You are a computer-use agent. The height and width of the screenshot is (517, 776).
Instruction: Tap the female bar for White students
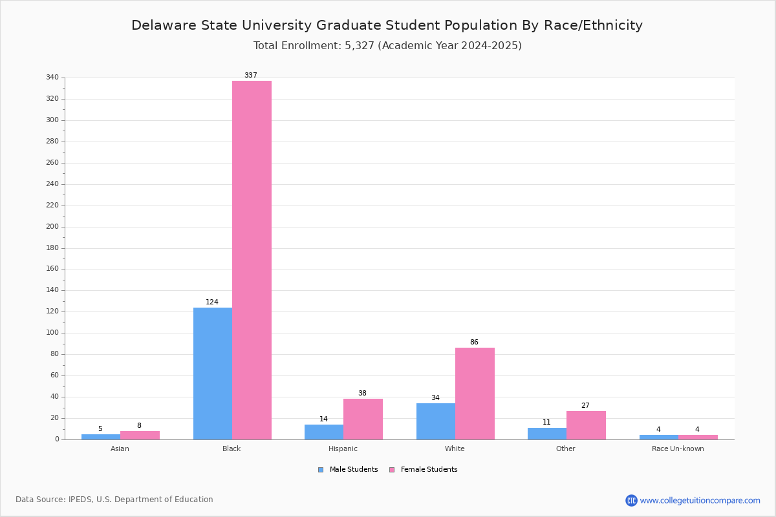coord(475,394)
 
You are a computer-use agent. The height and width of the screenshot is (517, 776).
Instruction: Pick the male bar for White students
coord(436,421)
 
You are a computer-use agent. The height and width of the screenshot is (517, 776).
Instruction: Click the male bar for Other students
coord(547,434)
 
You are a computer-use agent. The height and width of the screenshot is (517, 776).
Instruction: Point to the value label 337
coord(251,76)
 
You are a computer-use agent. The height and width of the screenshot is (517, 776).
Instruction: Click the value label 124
coord(212,302)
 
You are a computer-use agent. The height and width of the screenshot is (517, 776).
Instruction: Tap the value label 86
coord(474,343)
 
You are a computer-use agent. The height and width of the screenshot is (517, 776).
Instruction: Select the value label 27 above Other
coord(585,406)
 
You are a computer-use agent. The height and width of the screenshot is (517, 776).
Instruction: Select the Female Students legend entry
coord(424,470)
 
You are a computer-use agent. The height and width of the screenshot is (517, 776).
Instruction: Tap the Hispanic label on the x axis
coord(343,448)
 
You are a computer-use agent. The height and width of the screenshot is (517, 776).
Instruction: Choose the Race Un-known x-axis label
coord(678,448)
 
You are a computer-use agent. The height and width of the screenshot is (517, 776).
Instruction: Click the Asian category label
coord(120,448)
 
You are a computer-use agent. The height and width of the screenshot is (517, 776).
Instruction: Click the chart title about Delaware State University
coord(387,26)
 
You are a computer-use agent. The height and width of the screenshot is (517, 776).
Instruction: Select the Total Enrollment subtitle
coord(387,46)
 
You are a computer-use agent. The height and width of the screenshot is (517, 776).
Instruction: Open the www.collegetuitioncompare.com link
coord(700,500)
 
